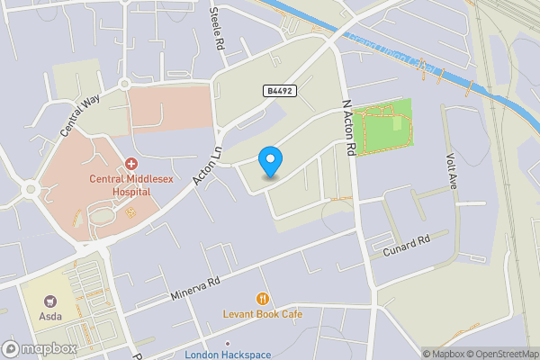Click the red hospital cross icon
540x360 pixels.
131,164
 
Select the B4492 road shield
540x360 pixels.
279,91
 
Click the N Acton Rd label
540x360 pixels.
351,124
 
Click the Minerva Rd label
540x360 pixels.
195,289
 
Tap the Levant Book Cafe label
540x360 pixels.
263,314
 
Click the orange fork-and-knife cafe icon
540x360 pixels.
263,298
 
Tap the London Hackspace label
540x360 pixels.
228,354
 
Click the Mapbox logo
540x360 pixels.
39,349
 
